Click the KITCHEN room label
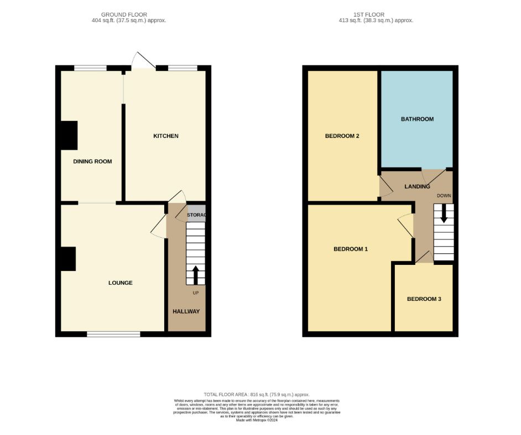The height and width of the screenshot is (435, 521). (165, 136)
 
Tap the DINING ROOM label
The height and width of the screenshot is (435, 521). (92, 162)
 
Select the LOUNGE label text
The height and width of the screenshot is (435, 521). (120, 283)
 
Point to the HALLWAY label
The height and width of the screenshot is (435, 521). (186, 311)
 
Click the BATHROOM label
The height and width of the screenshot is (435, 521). (417, 119)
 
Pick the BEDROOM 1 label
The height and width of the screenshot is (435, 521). (351, 249)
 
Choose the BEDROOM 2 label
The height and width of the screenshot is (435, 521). (342, 136)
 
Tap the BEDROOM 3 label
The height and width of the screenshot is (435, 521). (424, 299)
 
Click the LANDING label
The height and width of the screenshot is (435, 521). (417, 187)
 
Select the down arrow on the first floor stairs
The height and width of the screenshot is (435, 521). (444, 214)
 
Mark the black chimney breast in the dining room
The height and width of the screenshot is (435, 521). (69, 135)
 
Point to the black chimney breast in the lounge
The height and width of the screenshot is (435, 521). (67, 259)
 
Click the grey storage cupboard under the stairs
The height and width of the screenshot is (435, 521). (196, 215)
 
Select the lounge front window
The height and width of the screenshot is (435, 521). (113, 334)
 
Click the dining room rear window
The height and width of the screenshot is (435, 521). (90, 68)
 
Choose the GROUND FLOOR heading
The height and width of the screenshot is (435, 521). (124, 14)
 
